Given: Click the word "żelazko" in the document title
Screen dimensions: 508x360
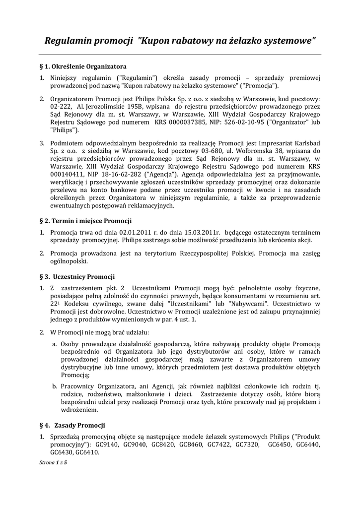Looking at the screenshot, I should pos(234,40).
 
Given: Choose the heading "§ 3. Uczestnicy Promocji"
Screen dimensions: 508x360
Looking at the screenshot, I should pos(76,276).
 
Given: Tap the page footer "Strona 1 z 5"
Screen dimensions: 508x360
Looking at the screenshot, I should pos(53,462).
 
